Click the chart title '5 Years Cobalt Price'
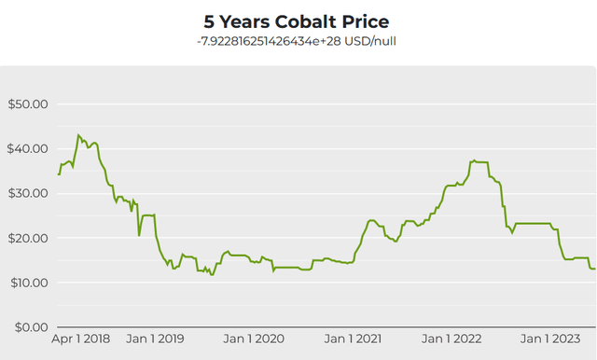pos(297,21)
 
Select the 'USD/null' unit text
pos(372,41)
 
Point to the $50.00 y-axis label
pos(27,104)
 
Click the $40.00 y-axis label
pos(27,148)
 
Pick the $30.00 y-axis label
pos(27,193)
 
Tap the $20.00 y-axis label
pos(27,238)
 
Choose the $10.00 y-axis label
pos(27,283)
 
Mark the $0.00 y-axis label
pos(30,327)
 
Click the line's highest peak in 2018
pos(78,135)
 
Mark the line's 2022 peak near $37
pos(475,160)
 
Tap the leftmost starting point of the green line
pos(59,174)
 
